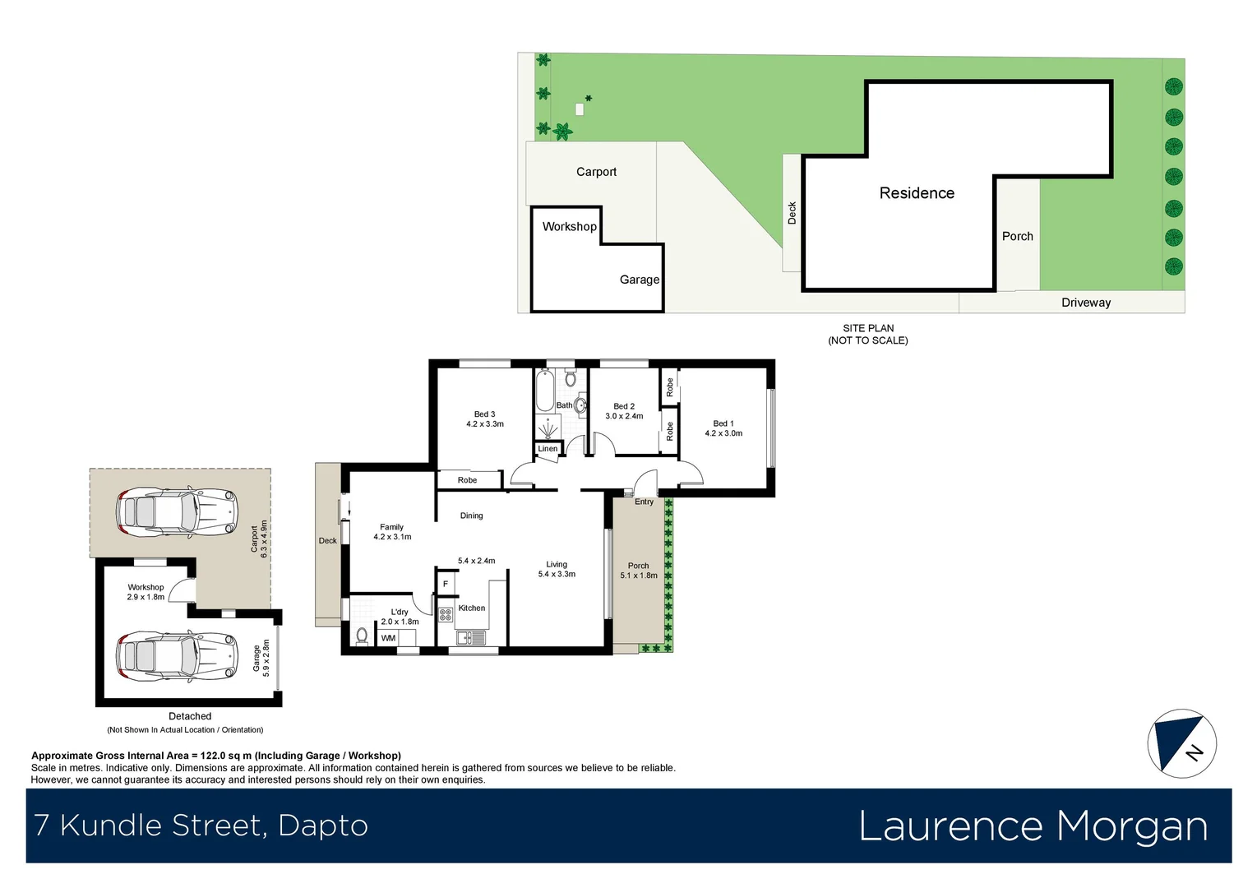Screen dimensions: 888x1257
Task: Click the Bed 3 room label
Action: (484, 414)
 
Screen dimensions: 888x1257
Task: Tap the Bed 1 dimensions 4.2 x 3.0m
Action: (723, 433)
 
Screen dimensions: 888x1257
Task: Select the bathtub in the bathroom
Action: (544, 391)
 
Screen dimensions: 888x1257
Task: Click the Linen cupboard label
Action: (548, 449)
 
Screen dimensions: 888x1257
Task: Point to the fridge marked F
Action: (446, 584)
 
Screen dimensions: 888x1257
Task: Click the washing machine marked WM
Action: (388, 638)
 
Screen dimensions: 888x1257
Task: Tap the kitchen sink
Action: (470, 637)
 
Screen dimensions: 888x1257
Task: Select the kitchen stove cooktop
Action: (446, 614)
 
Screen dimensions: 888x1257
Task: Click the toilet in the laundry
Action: (361, 636)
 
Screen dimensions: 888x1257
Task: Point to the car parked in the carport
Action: (176, 512)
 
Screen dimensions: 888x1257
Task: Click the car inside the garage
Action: (176, 656)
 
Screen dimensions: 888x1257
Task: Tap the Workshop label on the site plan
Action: (569, 227)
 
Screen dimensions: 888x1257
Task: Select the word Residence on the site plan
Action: (917, 193)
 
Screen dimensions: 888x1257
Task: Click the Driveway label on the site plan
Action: (1085, 303)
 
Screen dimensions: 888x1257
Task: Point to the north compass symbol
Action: (1181, 743)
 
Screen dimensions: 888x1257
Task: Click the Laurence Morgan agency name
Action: (1033, 826)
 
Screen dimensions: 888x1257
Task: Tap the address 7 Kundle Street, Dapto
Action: (201, 826)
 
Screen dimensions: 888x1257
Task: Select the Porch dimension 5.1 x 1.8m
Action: (638, 576)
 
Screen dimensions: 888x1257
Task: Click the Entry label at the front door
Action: (644, 502)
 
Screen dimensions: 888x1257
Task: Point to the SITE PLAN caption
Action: (867, 328)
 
